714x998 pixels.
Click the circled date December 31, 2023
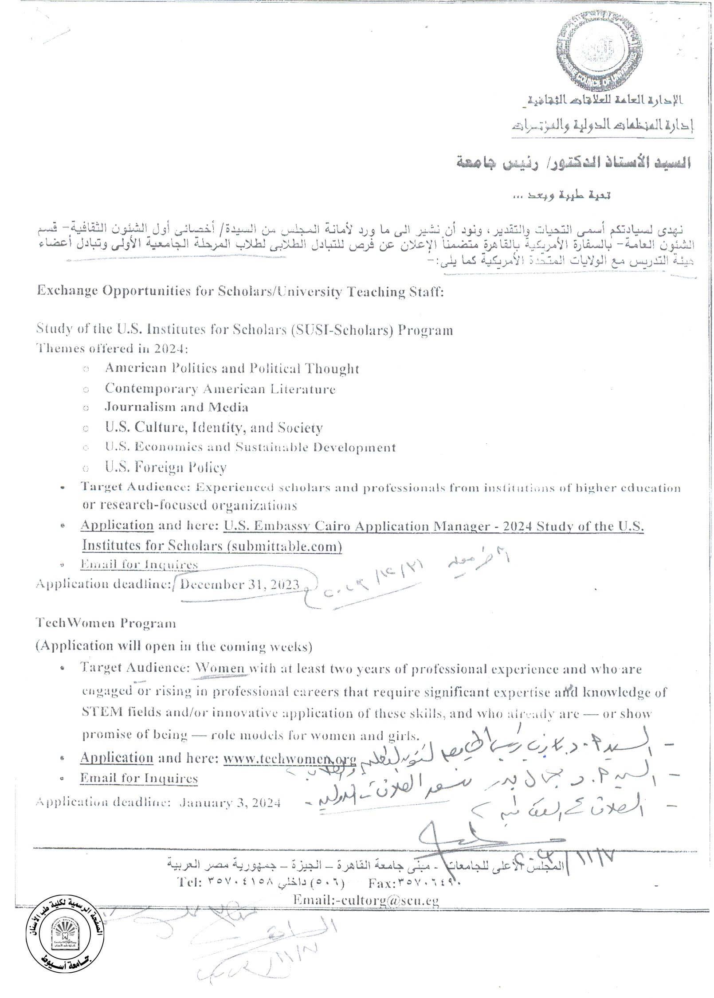239,584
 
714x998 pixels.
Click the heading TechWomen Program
106,623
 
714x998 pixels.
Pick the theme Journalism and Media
176,407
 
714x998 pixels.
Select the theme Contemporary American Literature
220,389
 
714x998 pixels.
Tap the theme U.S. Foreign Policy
165,467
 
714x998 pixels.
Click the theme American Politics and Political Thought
231,368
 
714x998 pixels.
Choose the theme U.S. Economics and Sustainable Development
250,447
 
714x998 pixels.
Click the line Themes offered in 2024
112,348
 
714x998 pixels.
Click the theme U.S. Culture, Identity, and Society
213,427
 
